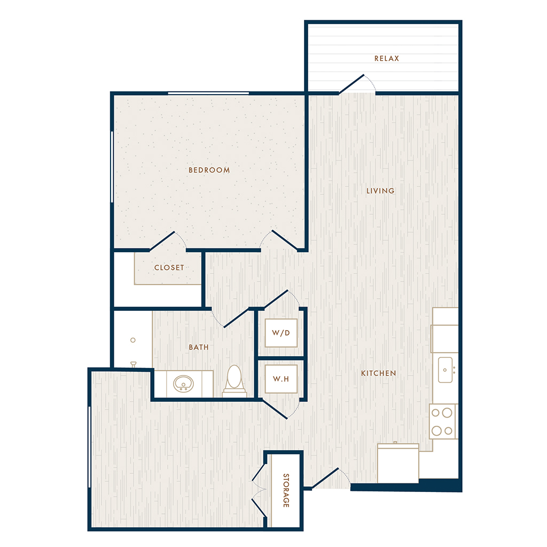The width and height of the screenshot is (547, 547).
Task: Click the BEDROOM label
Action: pyautogui.click(x=209, y=170)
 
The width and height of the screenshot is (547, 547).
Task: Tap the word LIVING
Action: pyautogui.click(x=380, y=191)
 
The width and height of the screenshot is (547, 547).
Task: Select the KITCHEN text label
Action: pyautogui.click(x=379, y=373)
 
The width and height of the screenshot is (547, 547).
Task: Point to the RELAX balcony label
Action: pyautogui.click(x=387, y=59)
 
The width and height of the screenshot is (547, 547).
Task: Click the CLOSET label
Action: pyautogui.click(x=169, y=268)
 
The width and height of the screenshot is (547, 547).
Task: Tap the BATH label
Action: pyautogui.click(x=199, y=347)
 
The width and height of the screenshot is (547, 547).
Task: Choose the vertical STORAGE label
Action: pyautogui.click(x=286, y=490)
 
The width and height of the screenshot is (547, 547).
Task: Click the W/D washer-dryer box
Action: pyautogui.click(x=281, y=333)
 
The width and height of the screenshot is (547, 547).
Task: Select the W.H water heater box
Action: pyautogui.click(x=281, y=379)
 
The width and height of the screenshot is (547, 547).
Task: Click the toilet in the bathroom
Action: pyautogui.click(x=234, y=381)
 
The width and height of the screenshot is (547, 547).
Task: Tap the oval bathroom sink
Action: pyautogui.click(x=184, y=384)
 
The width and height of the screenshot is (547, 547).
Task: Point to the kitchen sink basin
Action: pyautogui.click(x=445, y=370)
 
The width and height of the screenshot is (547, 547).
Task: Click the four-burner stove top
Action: pyautogui.click(x=442, y=421)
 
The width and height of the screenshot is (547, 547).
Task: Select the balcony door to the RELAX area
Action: pyautogui.click(x=351, y=84)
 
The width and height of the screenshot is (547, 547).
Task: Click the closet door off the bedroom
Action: pyautogui.click(x=162, y=241)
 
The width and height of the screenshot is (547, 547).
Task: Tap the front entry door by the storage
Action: pyautogui.click(x=325, y=478)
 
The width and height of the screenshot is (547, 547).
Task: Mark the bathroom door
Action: pyautogui.click(x=236, y=318)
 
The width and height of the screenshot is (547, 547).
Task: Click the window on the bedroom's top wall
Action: pyautogui.click(x=208, y=93)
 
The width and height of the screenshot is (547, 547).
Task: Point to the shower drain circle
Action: pyautogui.click(x=133, y=340)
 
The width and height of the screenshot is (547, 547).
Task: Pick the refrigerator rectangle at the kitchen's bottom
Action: pyautogui.click(x=398, y=463)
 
